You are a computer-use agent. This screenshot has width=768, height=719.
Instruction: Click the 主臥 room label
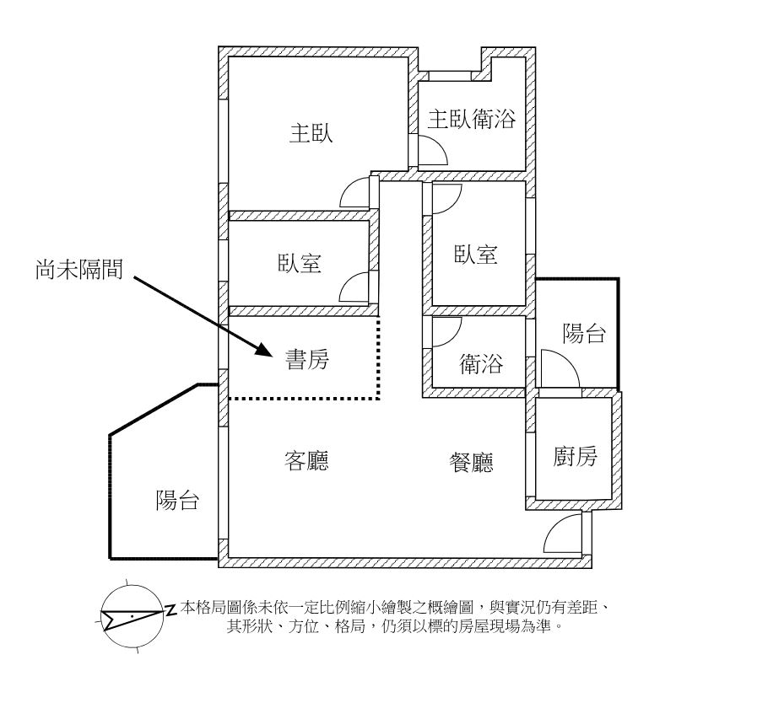click(x=311, y=133)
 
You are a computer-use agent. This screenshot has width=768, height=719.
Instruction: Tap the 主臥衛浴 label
click(x=472, y=119)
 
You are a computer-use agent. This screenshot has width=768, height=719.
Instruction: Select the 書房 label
click(x=307, y=359)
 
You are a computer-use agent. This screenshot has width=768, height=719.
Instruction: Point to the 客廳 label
click(x=306, y=461)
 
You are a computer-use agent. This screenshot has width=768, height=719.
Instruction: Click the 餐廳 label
click(x=471, y=462)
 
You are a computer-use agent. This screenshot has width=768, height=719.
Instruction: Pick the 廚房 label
click(x=575, y=456)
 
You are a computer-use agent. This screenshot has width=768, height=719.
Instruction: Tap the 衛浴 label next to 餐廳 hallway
click(x=481, y=364)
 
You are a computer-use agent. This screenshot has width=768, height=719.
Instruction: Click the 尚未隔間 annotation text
click(x=79, y=269)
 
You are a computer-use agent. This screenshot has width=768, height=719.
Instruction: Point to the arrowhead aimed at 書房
click(x=263, y=349)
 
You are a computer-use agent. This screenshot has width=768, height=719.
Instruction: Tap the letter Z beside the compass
click(x=170, y=609)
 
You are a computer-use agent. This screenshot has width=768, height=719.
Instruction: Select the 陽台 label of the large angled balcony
click(x=177, y=501)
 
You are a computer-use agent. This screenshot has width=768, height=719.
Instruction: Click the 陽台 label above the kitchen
click(x=584, y=334)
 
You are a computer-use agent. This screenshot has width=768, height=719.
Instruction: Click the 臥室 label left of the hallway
click(x=300, y=263)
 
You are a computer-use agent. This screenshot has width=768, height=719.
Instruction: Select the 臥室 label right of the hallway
click(x=476, y=255)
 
